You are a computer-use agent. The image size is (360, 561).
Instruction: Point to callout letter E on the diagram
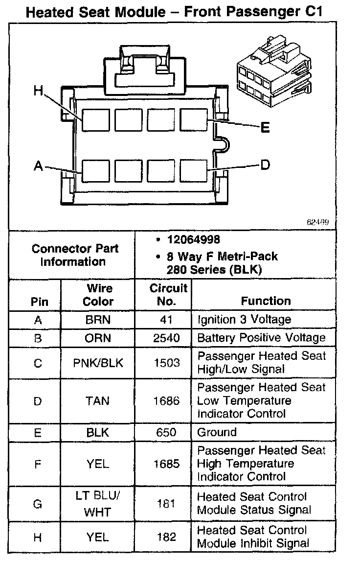(x=265, y=128)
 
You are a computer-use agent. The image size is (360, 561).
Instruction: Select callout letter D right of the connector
(x=265, y=165)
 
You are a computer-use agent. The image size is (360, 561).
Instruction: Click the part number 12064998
(x=193, y=239)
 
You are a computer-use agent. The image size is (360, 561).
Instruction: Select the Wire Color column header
(x=98, y=295)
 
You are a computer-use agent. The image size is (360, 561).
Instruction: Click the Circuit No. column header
(x=168, y=295)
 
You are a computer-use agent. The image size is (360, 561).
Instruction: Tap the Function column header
(x=266, y=301)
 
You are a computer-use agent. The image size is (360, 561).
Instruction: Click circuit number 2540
(x=166, y=338)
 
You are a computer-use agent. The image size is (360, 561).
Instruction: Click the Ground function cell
(x=217, y=432)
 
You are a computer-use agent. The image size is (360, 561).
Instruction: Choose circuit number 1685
(x=166, y=464)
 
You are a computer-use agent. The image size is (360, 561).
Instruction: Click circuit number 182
(x=166, y=537)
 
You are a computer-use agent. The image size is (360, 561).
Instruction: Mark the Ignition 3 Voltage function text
(x=244, y=320)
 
